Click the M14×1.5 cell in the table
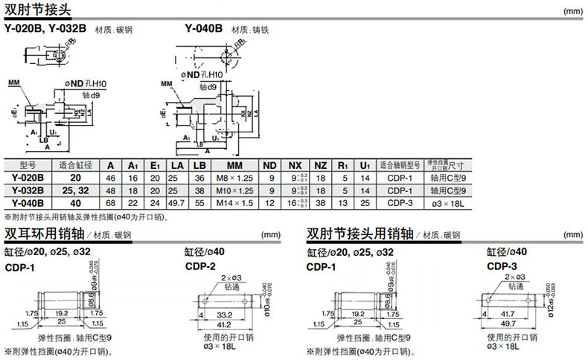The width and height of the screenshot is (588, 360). pyautogui.click(x=235, y=202)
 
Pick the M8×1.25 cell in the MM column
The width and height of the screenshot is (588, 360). pyautogui.click(x=235, y=178)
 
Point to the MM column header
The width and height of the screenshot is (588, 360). pyautogui.click(x=235, y=165)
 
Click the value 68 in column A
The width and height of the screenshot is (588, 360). pyautogui.click(x=111, y=202)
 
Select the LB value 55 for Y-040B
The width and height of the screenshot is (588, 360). pyautogui.click(x=199, y=202)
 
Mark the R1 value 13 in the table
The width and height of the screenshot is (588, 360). pyautogui.click(x=343, y=202)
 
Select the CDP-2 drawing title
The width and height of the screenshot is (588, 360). pyautogui.click(x=200, y=266)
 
